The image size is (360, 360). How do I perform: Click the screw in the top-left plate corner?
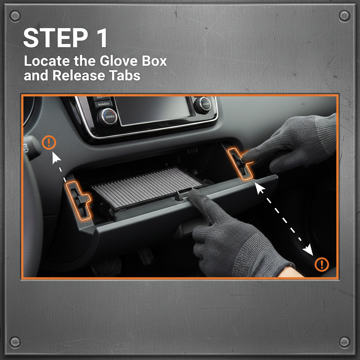[x=15, y=15]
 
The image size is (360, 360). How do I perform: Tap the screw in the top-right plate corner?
[x=345, y=15]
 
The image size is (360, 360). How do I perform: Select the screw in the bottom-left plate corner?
[x=15, y=341]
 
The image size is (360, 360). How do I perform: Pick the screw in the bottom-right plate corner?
[x=345, y=341]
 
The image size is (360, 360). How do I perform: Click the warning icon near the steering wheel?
[x=49, y=142]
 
